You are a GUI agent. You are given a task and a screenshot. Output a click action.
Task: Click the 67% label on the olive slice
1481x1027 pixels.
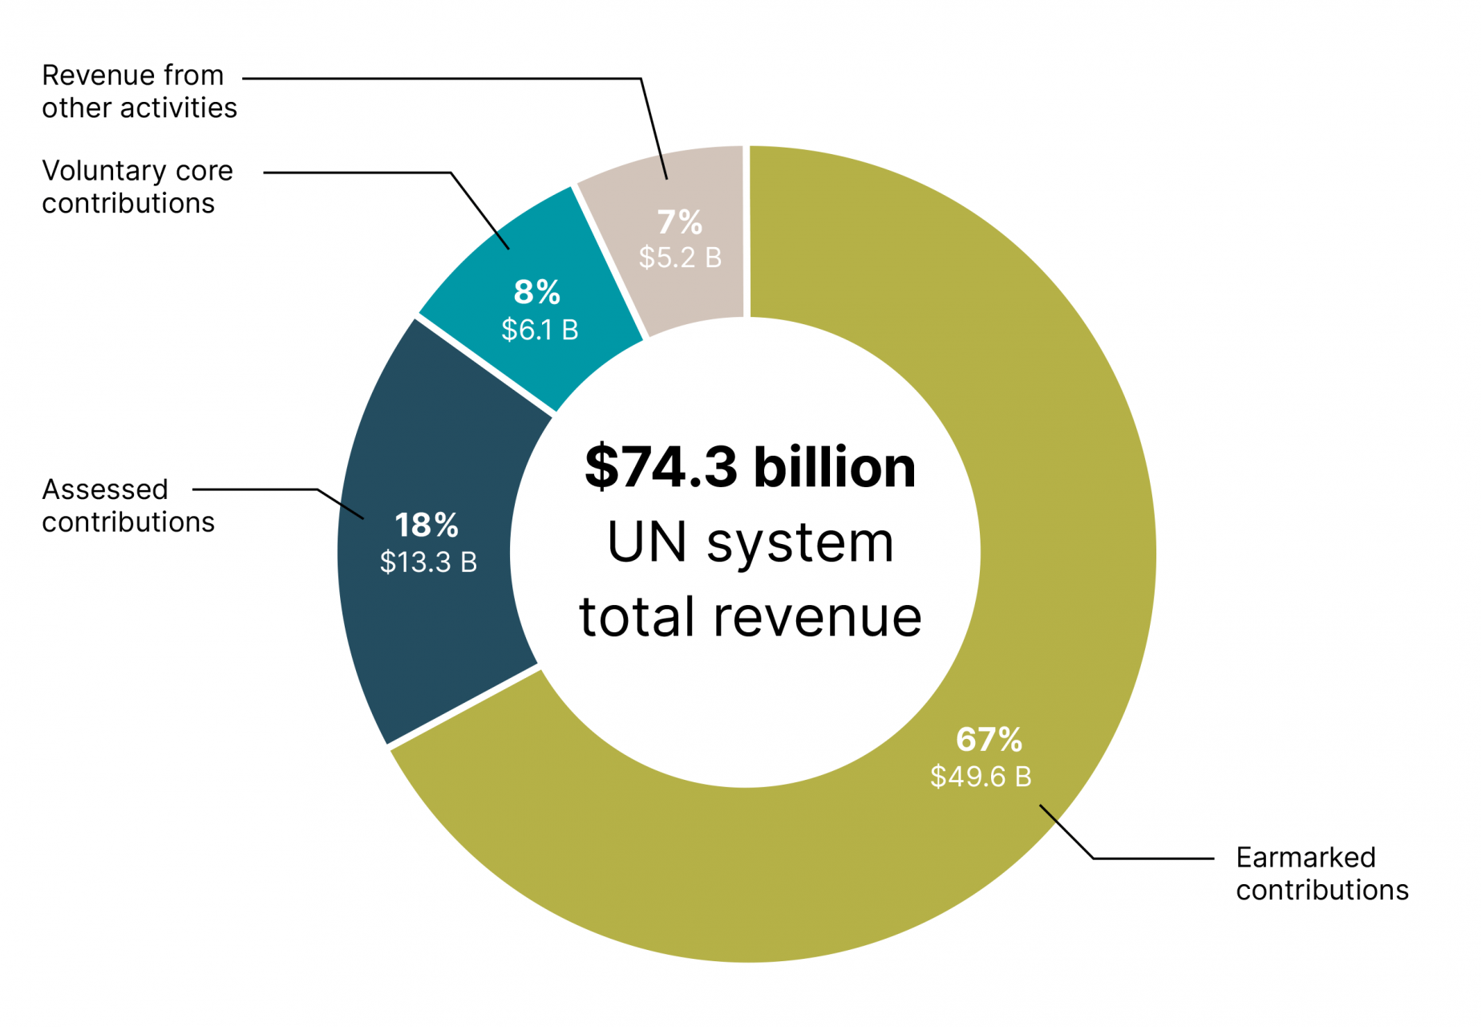(x=989, y=740)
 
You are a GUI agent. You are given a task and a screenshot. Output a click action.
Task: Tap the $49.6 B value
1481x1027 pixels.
(x=981, y=777)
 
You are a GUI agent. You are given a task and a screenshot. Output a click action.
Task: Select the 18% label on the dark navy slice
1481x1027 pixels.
(x=427, y=526)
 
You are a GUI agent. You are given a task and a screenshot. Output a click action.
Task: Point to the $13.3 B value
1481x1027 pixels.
(x=428, y=562)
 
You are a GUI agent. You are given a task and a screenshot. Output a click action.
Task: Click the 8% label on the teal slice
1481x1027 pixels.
(x=537, y=293)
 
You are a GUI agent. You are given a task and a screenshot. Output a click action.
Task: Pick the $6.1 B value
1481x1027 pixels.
(x=540, y=330)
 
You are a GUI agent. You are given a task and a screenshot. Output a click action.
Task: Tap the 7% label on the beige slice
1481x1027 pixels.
(x=680, y=222)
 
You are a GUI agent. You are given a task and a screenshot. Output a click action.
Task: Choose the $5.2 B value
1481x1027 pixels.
(x=680, y=258)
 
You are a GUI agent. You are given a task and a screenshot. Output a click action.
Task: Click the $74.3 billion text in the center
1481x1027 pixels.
(x=750, y=467)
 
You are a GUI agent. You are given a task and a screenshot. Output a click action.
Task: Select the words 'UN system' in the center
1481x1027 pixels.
(x=750, y=543)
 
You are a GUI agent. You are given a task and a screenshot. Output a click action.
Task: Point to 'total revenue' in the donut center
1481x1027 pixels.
(x=750, y=617)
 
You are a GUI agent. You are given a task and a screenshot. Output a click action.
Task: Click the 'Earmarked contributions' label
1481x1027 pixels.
(x=1321, y=874)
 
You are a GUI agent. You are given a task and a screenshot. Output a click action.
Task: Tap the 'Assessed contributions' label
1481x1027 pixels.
(x=128, y=505)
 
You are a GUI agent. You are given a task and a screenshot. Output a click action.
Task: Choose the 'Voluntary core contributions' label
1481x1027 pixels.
(x=137, y=187)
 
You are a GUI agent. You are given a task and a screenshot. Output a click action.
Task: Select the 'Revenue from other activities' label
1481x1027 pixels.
(x=139, y=91)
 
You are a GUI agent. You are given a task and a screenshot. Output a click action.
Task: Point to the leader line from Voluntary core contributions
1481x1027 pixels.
(x=361, y=173)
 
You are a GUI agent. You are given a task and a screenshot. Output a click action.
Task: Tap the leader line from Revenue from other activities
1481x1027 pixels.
(x=441, y=79)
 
